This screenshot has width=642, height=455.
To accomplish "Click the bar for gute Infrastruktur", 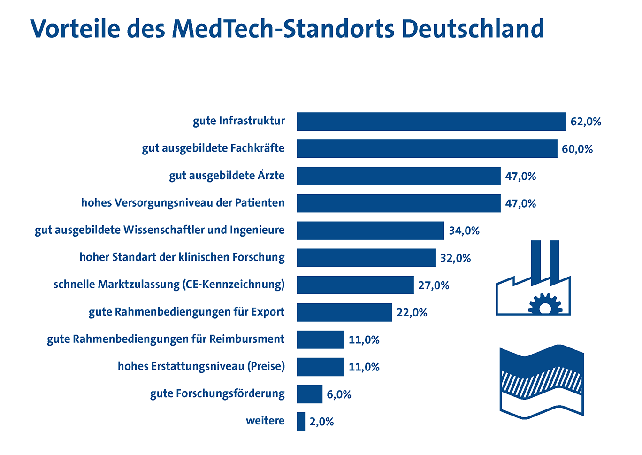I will (431, 122).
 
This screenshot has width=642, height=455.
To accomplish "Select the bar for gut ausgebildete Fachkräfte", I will (427, 149).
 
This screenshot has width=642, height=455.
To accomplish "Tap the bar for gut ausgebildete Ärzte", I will (398, 176).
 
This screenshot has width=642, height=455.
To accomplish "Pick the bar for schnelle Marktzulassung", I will (355, 285).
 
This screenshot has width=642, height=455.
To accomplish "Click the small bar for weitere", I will (301, 421).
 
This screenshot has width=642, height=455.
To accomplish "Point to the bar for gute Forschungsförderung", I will (309, 394).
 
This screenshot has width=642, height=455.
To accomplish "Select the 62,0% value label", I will (586, 122).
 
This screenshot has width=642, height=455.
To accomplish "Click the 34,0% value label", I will (464, 231).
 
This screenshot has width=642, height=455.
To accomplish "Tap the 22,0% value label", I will (412, 313).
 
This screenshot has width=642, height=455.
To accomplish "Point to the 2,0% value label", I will (321, 422).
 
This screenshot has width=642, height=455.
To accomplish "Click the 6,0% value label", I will (339, 394).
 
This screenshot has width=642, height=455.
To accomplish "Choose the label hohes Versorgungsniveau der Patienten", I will (183, 203).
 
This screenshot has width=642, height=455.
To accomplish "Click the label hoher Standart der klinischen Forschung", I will (182, 257).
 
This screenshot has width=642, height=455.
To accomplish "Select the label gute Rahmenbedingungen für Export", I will (186, 312).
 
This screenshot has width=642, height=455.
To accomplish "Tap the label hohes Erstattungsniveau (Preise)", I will (201, 366).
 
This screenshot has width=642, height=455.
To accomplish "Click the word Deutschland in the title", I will (473, 29).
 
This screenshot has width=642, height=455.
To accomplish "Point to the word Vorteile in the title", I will (76, 29).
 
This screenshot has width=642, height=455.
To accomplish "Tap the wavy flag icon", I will (542, 382).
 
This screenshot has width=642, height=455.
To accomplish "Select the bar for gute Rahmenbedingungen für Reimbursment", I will (320, 339).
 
